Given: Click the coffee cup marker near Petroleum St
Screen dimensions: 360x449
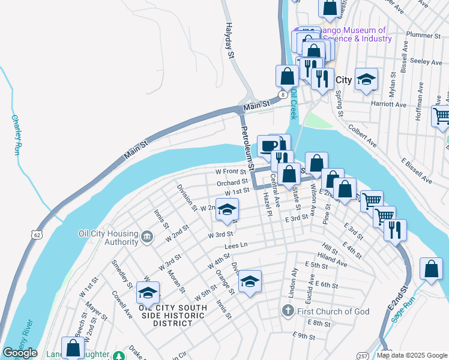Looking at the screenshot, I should pos(268,145).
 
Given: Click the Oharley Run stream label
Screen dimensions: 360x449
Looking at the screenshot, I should pos(16,136).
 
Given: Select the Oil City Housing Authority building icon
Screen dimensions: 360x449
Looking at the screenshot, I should pos(146,238).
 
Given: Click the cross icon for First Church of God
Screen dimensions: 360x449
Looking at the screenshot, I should pos(288,311).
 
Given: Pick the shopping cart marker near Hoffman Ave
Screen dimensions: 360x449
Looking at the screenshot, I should pos(441,116).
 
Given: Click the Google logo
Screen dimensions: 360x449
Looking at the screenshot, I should pos(19,353).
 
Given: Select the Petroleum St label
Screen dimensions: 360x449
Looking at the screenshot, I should pos(248,148).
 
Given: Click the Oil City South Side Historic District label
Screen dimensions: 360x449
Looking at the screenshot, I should pos(172,315).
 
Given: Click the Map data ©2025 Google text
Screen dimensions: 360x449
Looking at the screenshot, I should pos(412,355).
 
